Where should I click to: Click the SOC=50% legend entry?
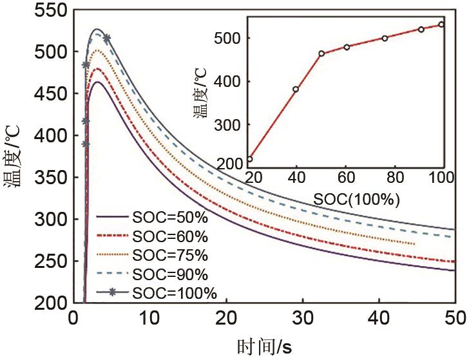pyautogui.click(x=170, y=217)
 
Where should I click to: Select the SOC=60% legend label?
pyautogui.click(x=170, y=236)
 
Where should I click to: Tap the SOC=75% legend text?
pyautogui.click(x=170, y=256)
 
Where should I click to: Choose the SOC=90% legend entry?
pyautogui.click(x=170, y=275)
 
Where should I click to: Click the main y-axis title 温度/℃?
pyautogui.click(x=14, y=158)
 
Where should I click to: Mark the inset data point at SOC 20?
pyautogui.click(x=250, y=159)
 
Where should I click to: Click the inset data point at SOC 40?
pyautogui.click(x=296, y=90)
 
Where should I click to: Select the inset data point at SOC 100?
pyautogui.click(x=441, y=24)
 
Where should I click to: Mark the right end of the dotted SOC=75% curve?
pyautogui.click(x=415, y=244)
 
